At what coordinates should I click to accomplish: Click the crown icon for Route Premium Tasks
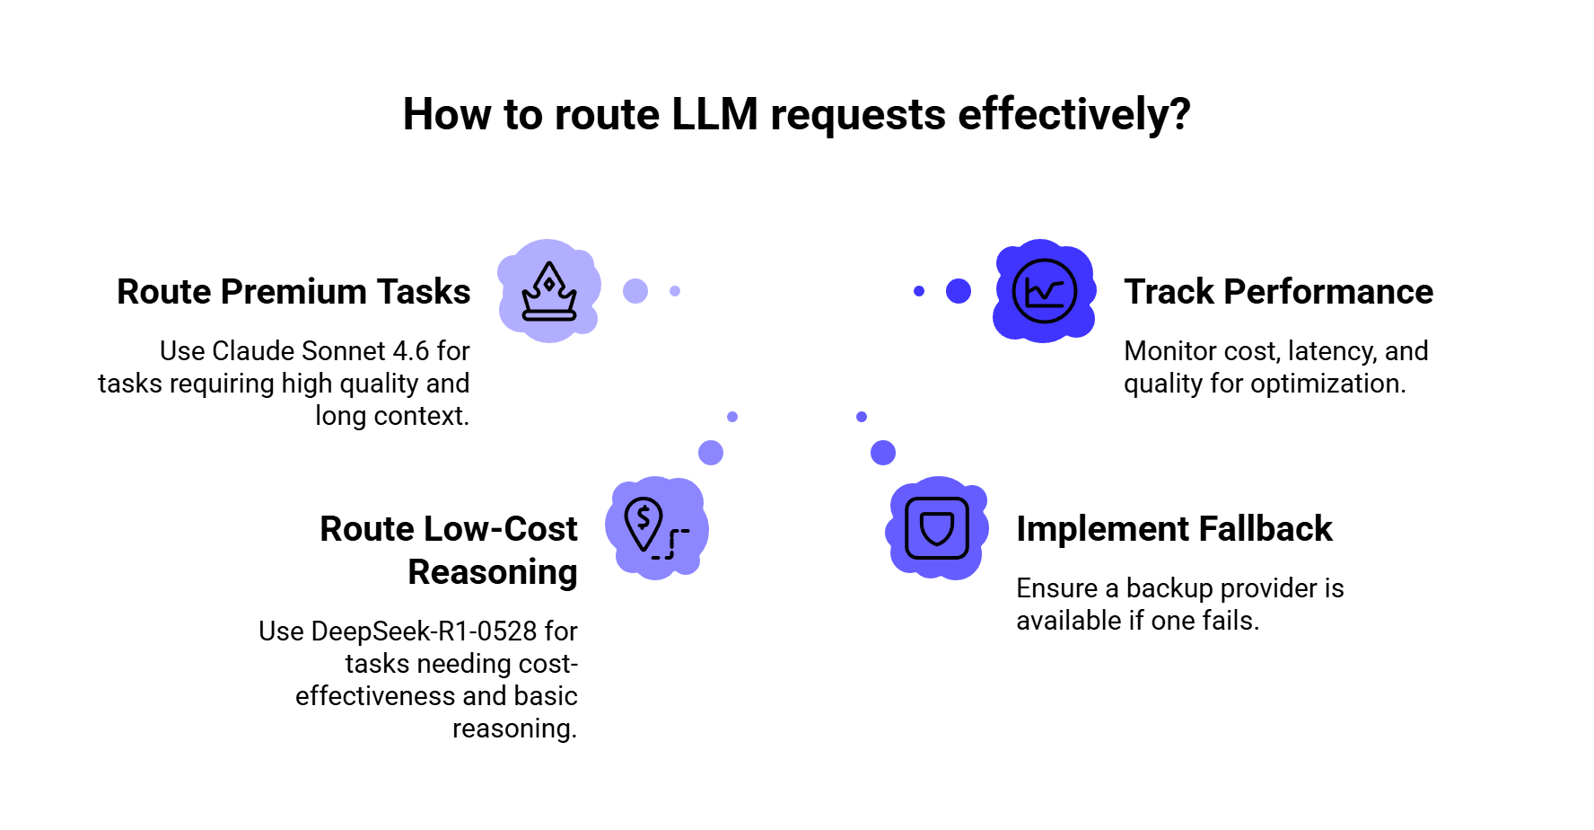pyautogui.click(x=549, y=291)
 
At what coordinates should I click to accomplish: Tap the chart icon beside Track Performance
pyautogui.click(x=1044, y=291)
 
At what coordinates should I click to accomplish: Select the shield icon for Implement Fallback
pyautogui.click(x=937, y=528)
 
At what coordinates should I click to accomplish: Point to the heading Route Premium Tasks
pyautogui.click(x=293, y=292)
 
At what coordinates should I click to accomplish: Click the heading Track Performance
pyautogui.click(x=1278, y=292)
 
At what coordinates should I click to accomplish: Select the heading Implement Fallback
pyautogui.click(x=1174, y=529)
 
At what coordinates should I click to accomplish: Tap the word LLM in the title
pyautogui.click(x=714, y=115)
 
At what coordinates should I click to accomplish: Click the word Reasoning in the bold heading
pyautogui.click(x=493, y=573)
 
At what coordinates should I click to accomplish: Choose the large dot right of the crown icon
pyautogui.click(x=635, y=291)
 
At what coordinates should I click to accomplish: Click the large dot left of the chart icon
pyautogui.click(x=959, y=291)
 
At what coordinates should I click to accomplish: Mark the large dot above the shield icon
pyautogui.click(x=883, y=453)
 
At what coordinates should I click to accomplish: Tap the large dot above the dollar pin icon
pyautogui.click(x=711, y=453)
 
